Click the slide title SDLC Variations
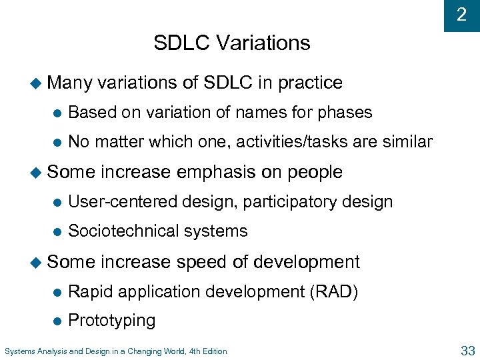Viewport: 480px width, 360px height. (232, 43)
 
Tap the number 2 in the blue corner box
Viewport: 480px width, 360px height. (461, 15)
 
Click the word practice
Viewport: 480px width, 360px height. (310, 83)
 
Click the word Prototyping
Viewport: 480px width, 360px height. (111, 321)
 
